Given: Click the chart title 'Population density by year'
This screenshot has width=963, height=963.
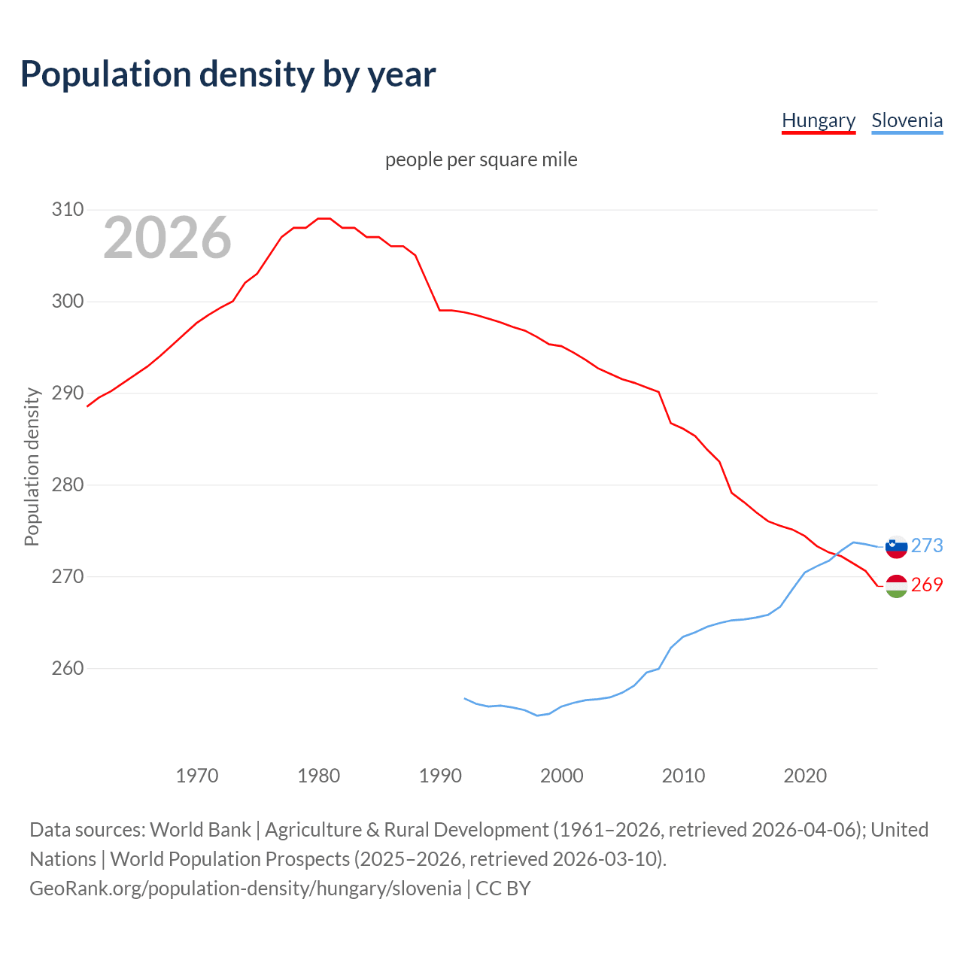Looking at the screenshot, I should (228, 74).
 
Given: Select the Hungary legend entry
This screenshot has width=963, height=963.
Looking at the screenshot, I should (819, 120).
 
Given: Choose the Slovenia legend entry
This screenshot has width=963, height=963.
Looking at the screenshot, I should (907, 120).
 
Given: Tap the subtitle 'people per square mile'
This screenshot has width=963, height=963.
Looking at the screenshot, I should (481, 159).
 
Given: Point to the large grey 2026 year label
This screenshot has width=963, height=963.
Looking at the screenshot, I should (167, 238).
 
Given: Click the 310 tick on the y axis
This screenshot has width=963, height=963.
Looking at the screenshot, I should (67, 210).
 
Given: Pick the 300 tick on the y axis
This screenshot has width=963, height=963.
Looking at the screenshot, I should (67, 302).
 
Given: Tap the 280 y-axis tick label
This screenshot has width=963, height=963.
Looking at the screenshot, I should (67, 485).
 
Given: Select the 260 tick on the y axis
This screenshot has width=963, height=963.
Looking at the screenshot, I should (67, 669).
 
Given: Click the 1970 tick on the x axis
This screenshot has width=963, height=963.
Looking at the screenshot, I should (197, 776).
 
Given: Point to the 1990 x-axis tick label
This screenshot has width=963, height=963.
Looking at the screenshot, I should (440, 776).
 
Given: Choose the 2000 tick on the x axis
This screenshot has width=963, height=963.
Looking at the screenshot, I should (562, 776).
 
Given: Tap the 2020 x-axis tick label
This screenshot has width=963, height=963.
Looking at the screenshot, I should (805, 776).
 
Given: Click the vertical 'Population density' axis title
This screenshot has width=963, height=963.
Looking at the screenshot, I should (32, 466).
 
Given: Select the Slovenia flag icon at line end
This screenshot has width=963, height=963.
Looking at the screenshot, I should (896, 546).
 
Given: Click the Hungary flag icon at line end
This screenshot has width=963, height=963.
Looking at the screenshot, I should (896, 585).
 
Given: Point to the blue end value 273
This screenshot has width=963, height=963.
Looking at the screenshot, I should (927, 545).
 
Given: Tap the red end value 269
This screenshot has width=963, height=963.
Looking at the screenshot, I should (927, 585).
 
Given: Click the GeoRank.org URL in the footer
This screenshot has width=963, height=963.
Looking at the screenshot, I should (245, 889).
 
